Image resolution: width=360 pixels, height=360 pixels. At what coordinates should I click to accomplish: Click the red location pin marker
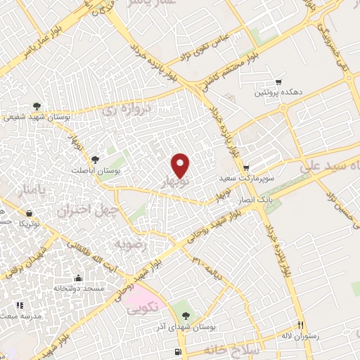(x=181, y=165)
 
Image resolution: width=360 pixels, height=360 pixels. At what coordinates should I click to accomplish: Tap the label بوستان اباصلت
(x=96, y=170)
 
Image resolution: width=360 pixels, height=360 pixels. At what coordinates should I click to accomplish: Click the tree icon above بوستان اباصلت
(x=96, y=158)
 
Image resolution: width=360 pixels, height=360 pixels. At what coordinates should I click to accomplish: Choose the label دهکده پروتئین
(x=278, y=92)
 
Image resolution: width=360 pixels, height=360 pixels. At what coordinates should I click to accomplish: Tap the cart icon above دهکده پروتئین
(x=278, y=82)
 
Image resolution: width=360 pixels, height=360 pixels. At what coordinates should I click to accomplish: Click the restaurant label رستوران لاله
(x=300, y=336)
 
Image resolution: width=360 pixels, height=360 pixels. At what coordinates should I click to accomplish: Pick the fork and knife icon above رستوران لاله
(x=300, y=325)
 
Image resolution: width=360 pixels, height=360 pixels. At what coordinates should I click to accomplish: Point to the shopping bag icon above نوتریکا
(x=29, y=212)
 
